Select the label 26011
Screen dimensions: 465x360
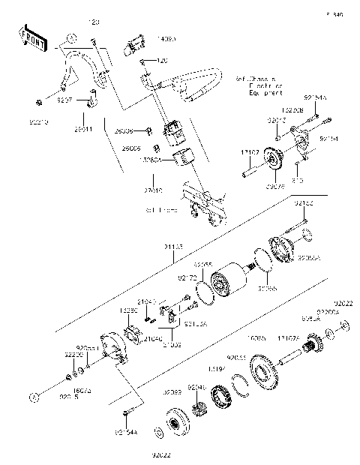coord(82,129)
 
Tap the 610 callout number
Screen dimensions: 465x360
coord(297,181)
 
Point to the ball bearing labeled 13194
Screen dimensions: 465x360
coord(223,396)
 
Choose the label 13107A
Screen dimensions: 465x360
coord(289,338)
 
